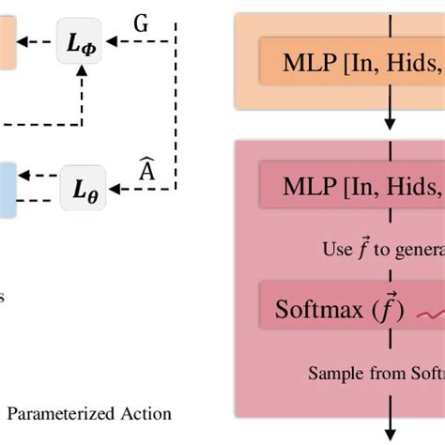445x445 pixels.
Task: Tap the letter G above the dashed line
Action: coord(141,23)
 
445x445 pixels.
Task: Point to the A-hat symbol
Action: coord(146,170)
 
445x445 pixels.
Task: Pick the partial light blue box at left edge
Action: coord(7,188)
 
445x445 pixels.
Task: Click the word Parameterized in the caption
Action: coord(66,413)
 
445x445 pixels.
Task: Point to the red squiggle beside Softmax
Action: coord(427,314)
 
